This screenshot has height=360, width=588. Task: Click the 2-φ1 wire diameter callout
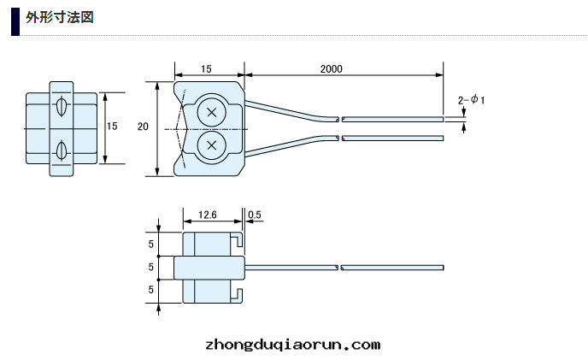[471, 100]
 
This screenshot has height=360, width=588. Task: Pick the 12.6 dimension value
[209, 215]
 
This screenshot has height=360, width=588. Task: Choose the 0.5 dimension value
[254, 215]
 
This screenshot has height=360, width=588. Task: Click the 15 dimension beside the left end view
[112, 127]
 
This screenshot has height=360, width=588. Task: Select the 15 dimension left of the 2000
[206, 68]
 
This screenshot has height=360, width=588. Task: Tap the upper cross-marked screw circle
[211, 112]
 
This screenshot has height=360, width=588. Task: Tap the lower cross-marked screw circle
[211, 145]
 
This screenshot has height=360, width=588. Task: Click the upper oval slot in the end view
[61, 108]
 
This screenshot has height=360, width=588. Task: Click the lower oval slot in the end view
[61, 151]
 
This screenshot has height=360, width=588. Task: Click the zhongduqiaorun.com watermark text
[293, 345]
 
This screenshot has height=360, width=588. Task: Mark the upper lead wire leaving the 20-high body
[291, 111]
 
